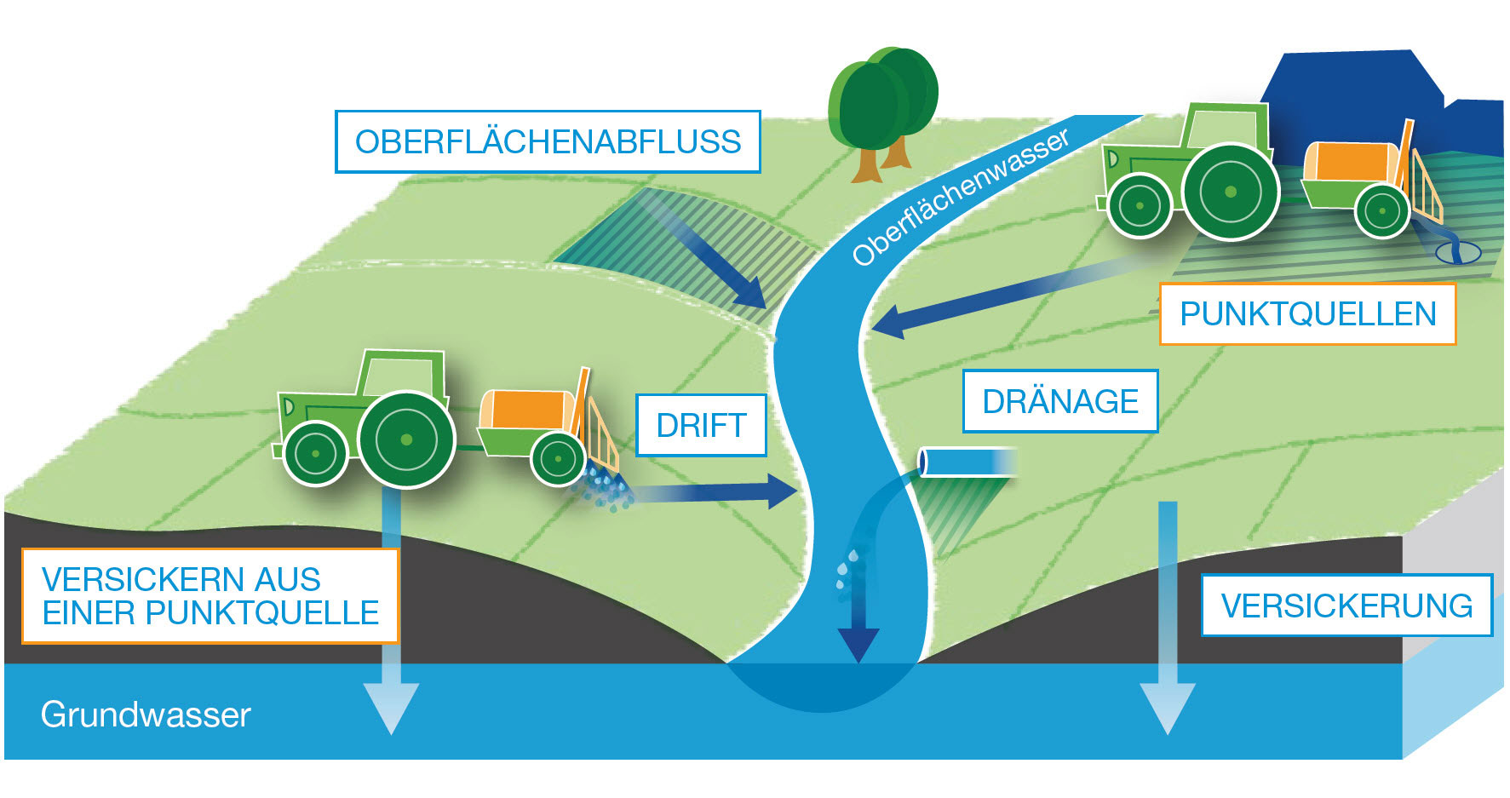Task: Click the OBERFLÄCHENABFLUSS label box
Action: pyautogui.click(x=548, y=141)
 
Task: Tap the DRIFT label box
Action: pyautogui.click(x=701, y=425)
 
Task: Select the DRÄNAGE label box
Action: pyautogui.click(x=1060, y=401)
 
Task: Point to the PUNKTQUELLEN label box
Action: pyautogui.click(x=1307, y=314)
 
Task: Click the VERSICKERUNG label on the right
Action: pyautogui.click(x=1346, y=606)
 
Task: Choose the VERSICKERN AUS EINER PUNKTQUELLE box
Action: pyautogui.click(x=210, y=595)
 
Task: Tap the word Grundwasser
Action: pyautogui.click(x=146, y=715)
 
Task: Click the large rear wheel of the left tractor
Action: pyautogui.click(x=406, y=439)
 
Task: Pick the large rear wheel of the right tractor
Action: pyautogui.click(x=1230, y=192)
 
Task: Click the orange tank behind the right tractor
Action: pyautogui.click(x=1350, y=162)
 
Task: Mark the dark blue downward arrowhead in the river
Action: pyautogui.click(x=858, y=643)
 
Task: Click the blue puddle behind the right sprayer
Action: pyautogui.click(x=1458, y=252)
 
